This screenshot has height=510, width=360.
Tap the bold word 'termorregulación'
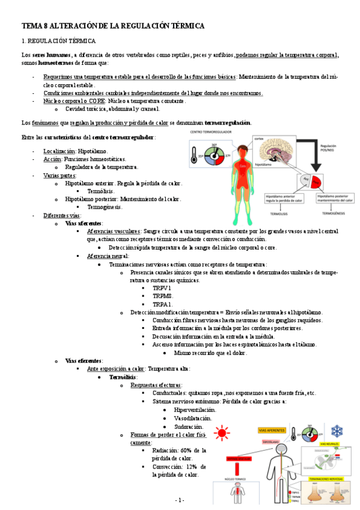[x=227, y=123]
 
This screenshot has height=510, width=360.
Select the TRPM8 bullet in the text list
[x=162, y=296]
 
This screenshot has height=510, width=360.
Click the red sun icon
[x=224, y=432]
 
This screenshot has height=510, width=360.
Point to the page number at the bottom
[x=180, y=500]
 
